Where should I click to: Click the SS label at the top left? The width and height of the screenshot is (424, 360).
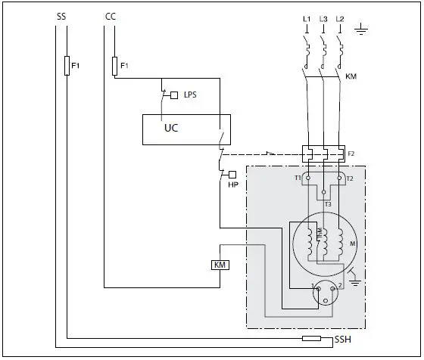pos(61,16)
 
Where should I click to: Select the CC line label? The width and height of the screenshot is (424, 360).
pos(110,16)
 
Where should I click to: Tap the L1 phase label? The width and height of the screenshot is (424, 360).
pos(306,17)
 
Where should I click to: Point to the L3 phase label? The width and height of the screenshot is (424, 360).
pos(323,17)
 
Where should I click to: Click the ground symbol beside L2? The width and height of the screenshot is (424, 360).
pos(362,31)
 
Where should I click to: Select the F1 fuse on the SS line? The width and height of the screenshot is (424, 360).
pos(67,66)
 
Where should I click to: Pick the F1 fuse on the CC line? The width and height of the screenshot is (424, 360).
pos(114,66)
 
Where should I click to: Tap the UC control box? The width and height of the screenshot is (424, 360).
pos(186,129)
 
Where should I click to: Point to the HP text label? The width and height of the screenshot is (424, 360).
pos(232,185)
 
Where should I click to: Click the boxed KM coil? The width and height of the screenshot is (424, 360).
pos(220,265)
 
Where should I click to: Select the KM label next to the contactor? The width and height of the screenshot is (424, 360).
pos(351,77)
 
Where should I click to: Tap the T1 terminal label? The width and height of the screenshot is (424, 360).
pos(298,178)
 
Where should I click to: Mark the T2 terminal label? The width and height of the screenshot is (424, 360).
pos(350,178)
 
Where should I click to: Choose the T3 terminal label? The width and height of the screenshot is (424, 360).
pos(327,204)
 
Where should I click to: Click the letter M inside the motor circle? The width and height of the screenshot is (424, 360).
pos(353,244)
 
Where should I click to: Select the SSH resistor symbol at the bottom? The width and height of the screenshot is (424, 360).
pos(312,338)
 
